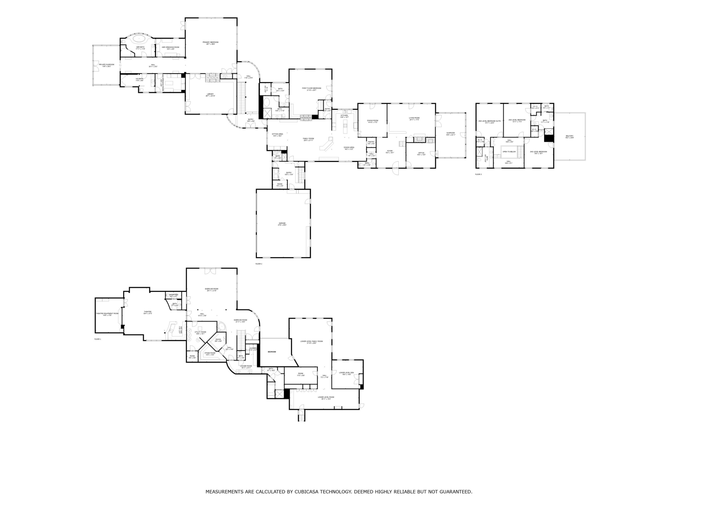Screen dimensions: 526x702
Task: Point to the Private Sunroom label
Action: (106, 65)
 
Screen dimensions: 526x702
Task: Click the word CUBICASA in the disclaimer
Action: (306, 492)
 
